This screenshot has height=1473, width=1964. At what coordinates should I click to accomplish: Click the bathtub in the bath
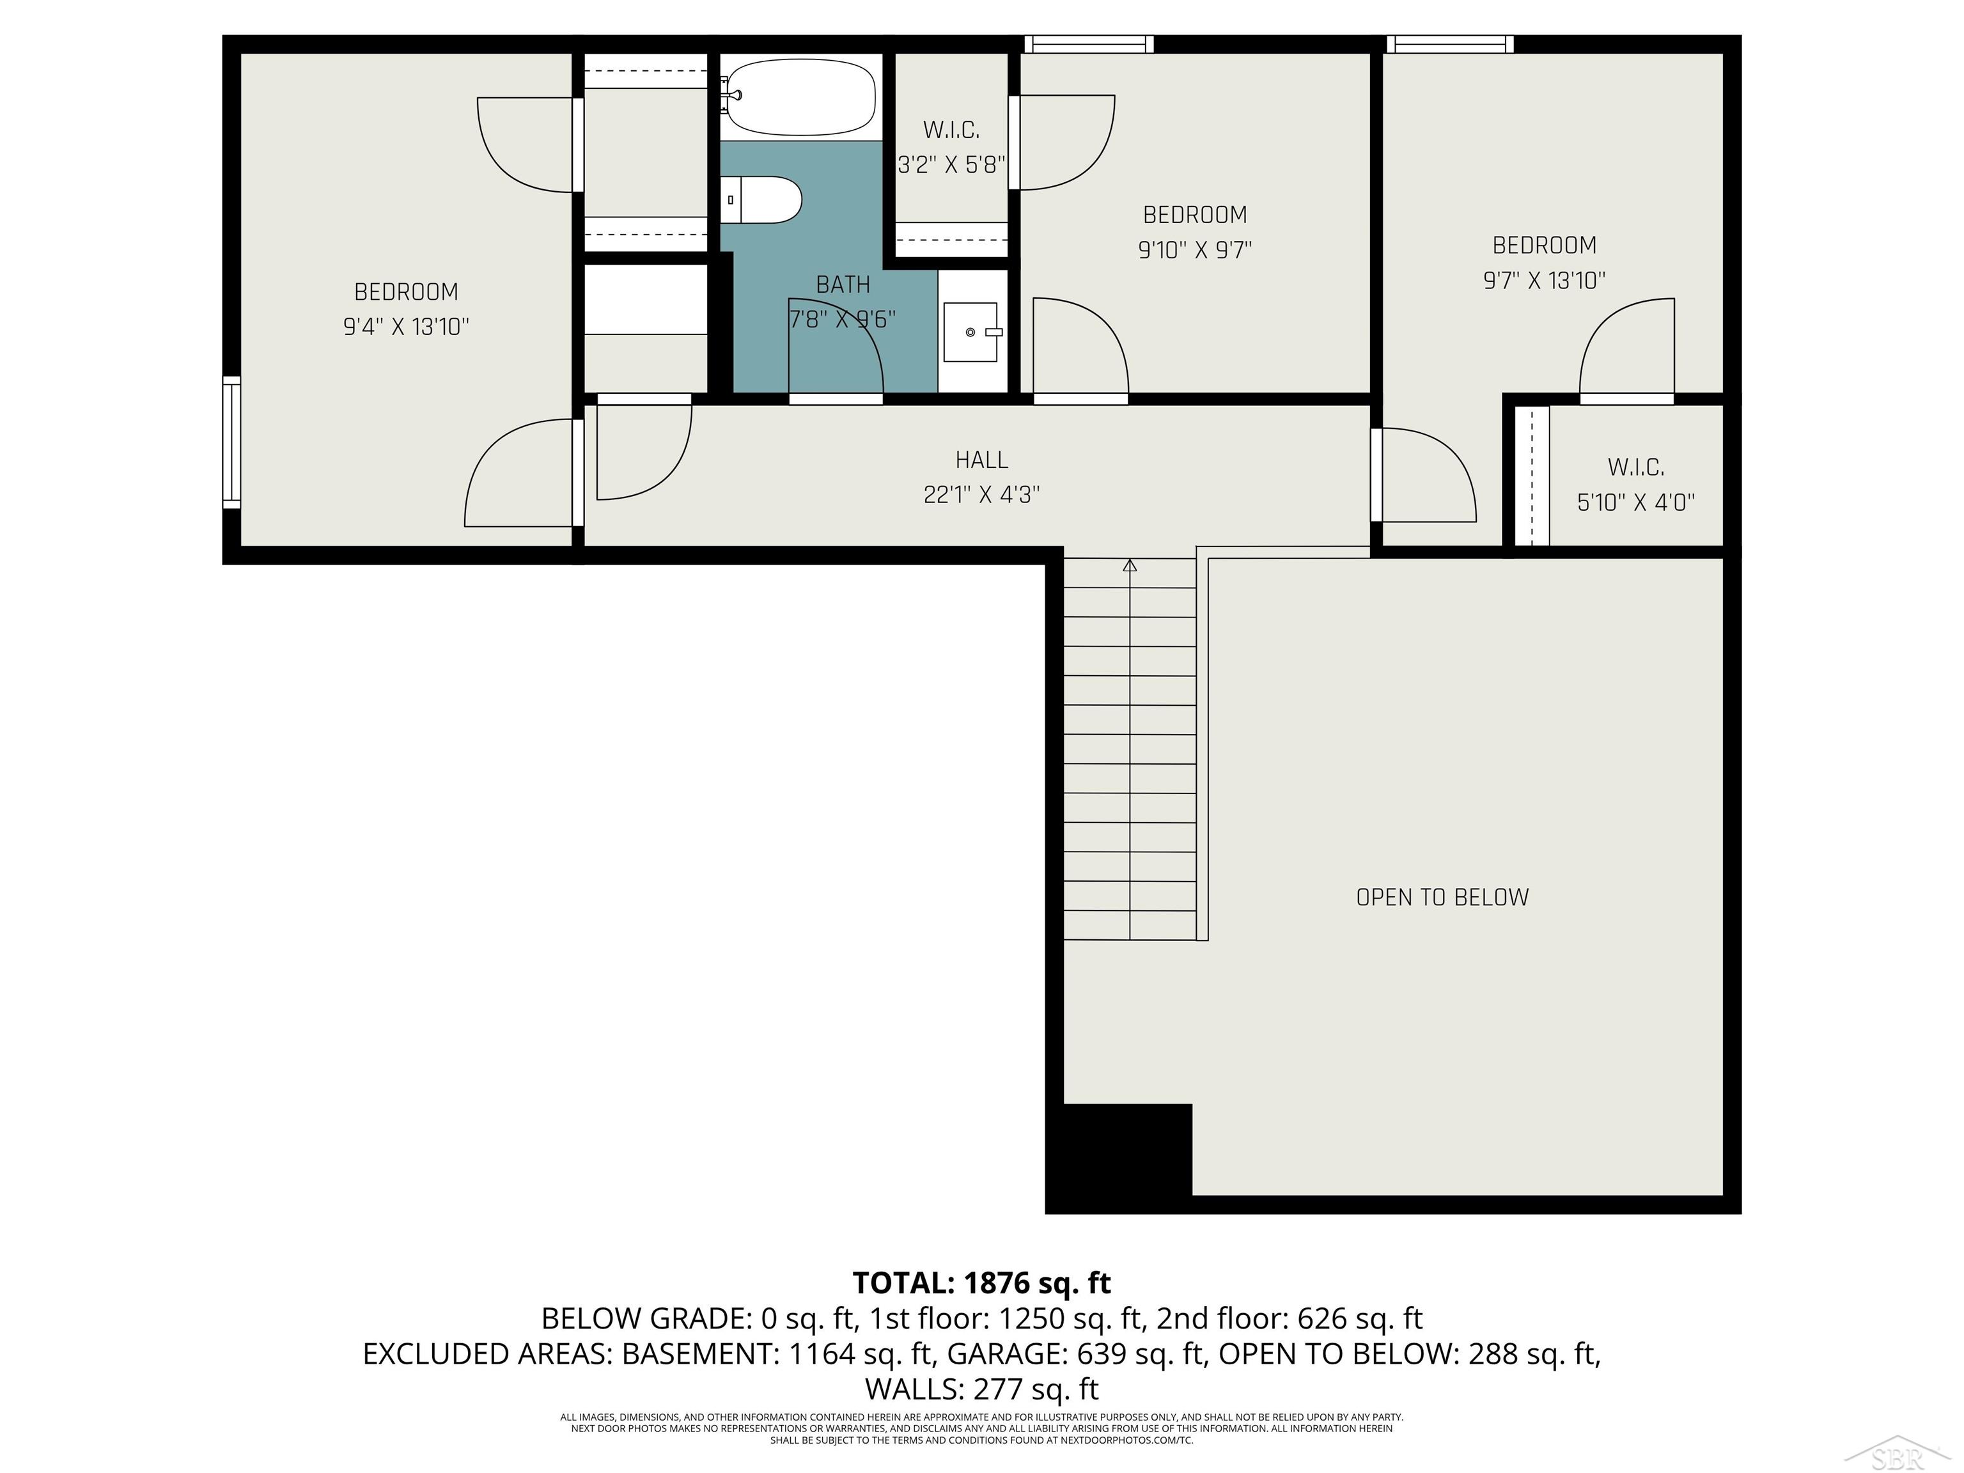(x=801, y=98)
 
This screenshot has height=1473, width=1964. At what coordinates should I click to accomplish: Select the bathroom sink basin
(x=970, y=332)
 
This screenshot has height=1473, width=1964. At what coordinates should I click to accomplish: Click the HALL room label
(x=981, y=460)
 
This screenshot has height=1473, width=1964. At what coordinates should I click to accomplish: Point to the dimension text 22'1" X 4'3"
(x=981, y=495)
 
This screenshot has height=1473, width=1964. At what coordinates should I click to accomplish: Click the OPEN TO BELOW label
(x=1442, y=898)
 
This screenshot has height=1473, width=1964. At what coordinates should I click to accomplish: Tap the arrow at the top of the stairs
(x=1130, y=566)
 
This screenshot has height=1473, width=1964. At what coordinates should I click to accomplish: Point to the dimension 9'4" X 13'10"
(x=406, y=327)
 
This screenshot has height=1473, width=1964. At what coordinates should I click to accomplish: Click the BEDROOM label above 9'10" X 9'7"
(x=1194, y=215)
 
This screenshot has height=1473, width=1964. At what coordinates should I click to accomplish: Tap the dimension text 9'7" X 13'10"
(x=1544, y=281)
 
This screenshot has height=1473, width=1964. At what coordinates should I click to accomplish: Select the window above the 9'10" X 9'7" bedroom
(x=1089, y=44)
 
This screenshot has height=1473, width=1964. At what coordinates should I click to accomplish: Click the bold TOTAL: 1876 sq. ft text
(x=981, y=1283)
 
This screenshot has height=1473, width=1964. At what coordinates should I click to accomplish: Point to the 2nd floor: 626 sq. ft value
(x=1290, y=1318)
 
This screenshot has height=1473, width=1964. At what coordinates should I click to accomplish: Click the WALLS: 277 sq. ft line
(x=981, y=1388)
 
